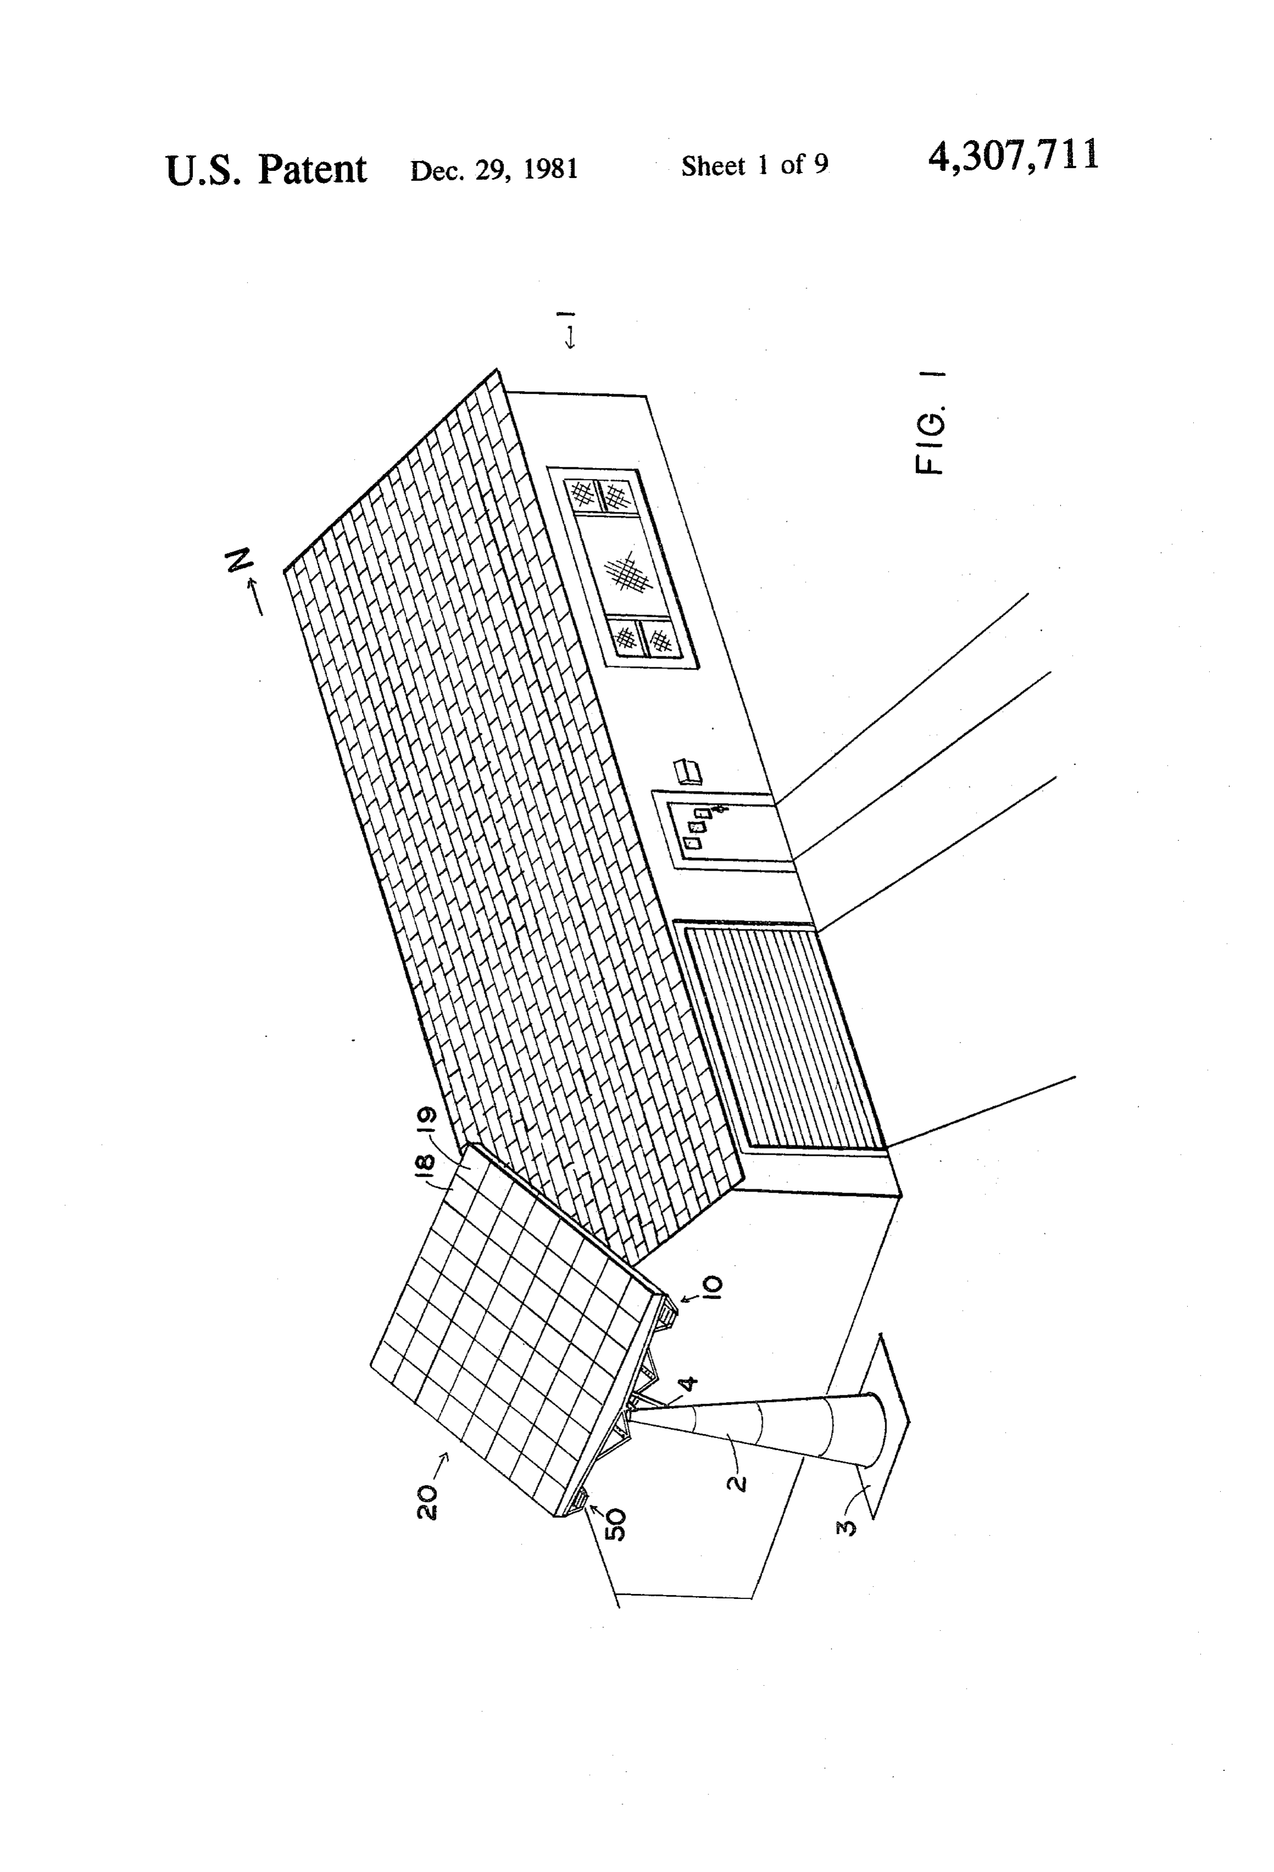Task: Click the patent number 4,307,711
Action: [x=1013, y=155]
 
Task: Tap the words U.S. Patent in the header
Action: [x=266, y=169]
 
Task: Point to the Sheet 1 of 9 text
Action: [x=755, y=165]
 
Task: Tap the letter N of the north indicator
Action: [x=240, y=560]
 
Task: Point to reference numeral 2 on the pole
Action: [x=736, y=1480]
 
